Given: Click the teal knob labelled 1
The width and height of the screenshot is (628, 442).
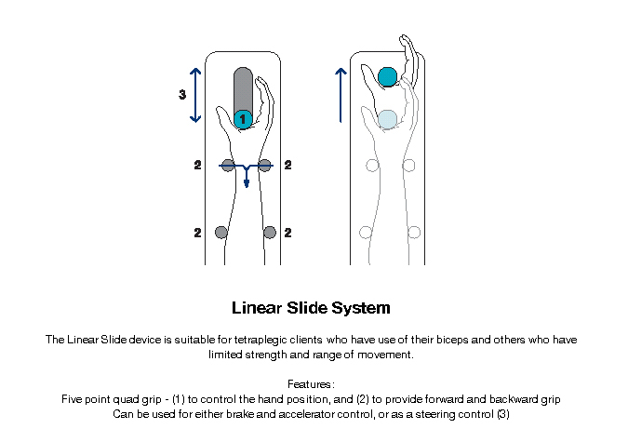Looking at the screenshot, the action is coord(243,119).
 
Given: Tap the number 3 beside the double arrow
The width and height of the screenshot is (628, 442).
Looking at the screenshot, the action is coord(182,95).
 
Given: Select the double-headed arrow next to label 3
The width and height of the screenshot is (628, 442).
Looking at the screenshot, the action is coord(195,95).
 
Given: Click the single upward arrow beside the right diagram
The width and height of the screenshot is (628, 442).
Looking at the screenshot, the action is coord(341,95).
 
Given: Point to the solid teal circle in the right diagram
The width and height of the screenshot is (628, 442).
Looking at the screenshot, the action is coord(388,77).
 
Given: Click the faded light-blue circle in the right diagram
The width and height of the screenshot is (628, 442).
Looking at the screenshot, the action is coord(388,119).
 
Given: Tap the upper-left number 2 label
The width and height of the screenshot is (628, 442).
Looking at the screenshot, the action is coord(197,165).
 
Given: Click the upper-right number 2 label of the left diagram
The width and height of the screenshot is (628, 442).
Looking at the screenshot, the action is coord(287,165).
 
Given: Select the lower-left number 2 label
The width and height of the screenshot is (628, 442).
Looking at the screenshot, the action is coord(197,233).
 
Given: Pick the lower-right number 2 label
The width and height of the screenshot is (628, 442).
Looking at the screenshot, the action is coord(287,233).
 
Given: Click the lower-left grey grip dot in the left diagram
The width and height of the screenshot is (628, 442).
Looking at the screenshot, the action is coord(221,232).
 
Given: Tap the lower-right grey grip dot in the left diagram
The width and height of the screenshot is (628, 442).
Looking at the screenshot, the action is coord(270,232).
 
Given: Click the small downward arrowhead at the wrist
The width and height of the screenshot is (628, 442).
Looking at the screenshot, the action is coord(247,184).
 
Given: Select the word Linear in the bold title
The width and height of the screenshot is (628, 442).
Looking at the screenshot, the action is coord(257,308).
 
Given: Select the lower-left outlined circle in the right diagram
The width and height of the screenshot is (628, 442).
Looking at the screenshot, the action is coord(366,232).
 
